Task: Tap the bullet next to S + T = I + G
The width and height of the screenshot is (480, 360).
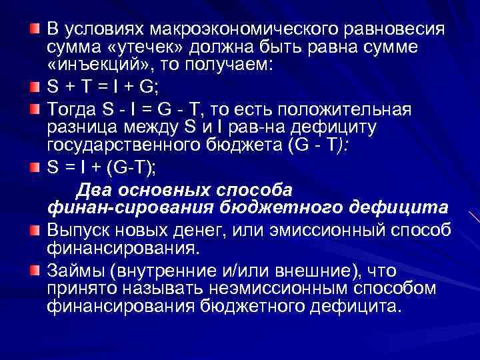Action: (x=36, y=87)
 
